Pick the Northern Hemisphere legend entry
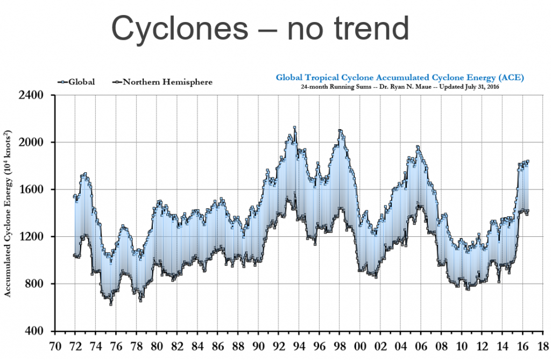167,82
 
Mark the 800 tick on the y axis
37,284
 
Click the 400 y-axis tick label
37,331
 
